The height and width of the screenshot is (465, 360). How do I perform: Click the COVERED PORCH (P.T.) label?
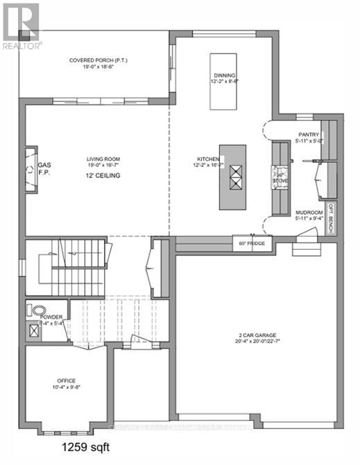click(x=97, y=60)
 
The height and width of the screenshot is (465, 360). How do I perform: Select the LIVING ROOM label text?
click(x=103, y=159)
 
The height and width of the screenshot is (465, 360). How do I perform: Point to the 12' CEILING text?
click(x=103, y=176)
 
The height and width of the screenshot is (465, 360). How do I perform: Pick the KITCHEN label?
click(x=207, y=160)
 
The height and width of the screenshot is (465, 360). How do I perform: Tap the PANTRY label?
click(x=308, y=134)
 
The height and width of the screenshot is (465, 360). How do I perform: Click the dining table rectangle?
click(x=225, y=79)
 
